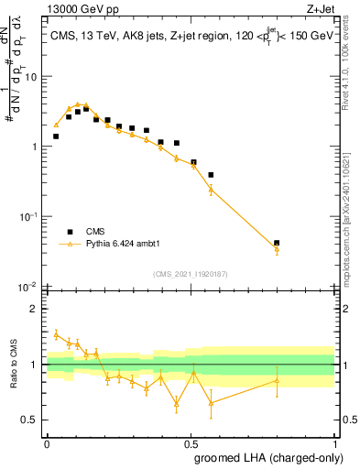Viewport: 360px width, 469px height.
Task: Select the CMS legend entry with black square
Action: tap(82, 232)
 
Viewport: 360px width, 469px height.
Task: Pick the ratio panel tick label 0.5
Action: tap(30, 420)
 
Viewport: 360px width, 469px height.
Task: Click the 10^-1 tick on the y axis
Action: tap(27, 216)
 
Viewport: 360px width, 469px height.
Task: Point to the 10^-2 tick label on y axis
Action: tap(27, 287)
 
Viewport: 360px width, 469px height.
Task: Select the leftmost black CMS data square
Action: tap(56, 136)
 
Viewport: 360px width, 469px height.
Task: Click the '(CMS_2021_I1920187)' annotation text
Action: tap(190, 274)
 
